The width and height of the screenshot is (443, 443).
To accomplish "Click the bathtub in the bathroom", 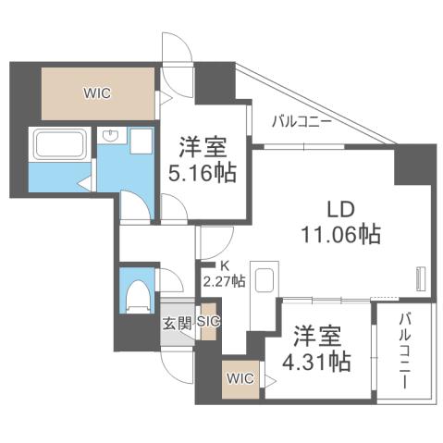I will (x=59, y=144).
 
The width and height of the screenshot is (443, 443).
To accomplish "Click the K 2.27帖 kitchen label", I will (x=225, y=274).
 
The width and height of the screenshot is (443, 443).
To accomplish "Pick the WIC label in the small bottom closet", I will (x=240, y=378).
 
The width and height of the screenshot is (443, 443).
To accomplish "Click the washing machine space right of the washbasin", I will (x=142, y=141).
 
